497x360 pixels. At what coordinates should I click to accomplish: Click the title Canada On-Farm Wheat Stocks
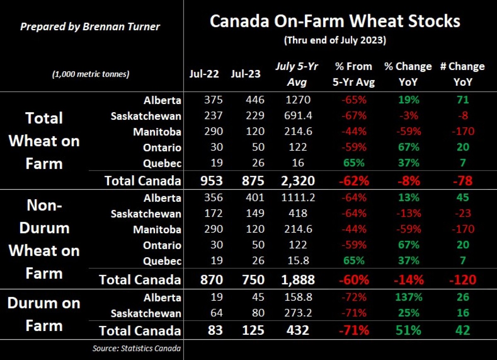(335, 21)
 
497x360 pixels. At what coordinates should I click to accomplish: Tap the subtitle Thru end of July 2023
(335, 41)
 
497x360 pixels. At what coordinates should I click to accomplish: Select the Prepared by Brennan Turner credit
(90, 27)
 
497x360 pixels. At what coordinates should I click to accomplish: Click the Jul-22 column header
(204, 74)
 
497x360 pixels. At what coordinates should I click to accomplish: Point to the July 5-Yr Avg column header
(297, 74)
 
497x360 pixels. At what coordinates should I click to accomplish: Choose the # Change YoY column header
(462, 74)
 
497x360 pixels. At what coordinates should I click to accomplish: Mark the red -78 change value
(462, 181)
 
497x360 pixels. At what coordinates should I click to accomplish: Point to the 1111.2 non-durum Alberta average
(297, 198)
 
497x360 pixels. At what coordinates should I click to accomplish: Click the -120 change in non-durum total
(462, 280)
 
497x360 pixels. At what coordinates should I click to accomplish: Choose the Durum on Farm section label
(44, 314)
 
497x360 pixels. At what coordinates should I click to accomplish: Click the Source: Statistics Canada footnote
(136, 348)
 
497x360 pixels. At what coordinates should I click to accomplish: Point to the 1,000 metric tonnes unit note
(90, 74)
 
